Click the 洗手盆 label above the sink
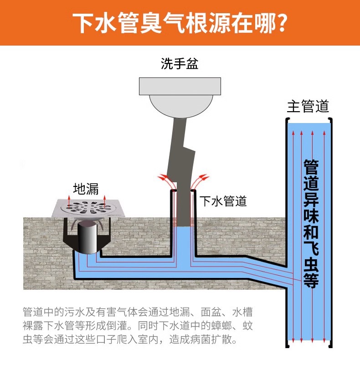pos(180,64)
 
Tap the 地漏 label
pos(86,189)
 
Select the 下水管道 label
pos(223,201)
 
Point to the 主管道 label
pos(308,106)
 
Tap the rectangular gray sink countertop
pos(180,86)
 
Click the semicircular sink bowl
pos(181,106)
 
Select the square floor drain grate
pos(88,208)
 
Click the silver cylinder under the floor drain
pos(87,237)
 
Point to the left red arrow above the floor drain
pos(69,201)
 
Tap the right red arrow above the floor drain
pos(104,201)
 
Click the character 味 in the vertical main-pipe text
pos(311,215)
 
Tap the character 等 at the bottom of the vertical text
pos(311,280)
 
